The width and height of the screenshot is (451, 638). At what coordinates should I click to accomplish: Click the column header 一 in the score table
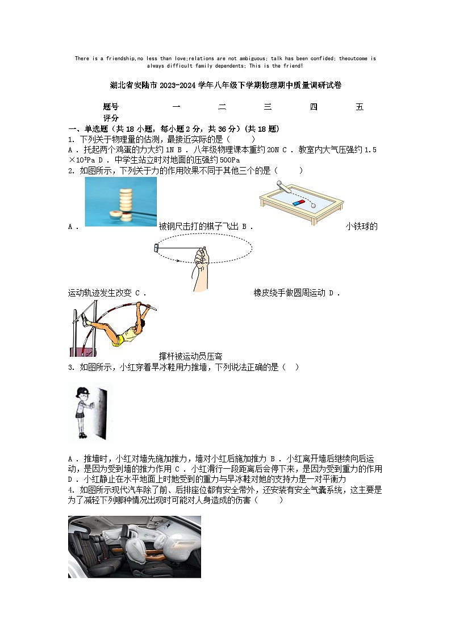(x=176, y=107)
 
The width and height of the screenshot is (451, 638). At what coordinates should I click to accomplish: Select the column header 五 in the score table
(x=359, y=107)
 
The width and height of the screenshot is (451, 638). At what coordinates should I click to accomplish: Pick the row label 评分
(x=111, y=118)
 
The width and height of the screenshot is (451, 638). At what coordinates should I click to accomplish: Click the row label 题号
(x=111, y=107)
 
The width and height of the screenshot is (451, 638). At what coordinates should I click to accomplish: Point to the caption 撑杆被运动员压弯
(x=190, y=356)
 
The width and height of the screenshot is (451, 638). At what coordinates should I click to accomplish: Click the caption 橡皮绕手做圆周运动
(x=289, y=293)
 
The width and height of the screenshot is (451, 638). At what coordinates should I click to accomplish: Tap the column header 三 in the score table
(x=268, y=107)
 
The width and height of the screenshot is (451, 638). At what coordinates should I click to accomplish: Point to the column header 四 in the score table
(x=314, y=107)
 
